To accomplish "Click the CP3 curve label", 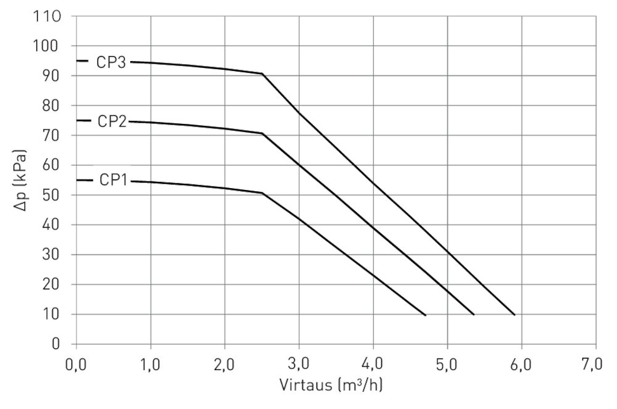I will pyautogui.click(x=111, y=62).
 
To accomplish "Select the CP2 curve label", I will pyautogui.click(x=112, y=122).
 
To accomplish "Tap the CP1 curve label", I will pyautogui.click(x=113, y=181).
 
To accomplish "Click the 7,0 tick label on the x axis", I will pyautogui.click(x=595, y=365).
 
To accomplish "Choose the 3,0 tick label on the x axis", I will pyautogui.click(x=299, y=365).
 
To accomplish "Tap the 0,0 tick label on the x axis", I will pyautogui.click(x=76, y=365).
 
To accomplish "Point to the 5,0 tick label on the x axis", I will pyautogui.click(x=447, y=365).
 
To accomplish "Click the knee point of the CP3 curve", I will pyautogui.click(x=262, y=74).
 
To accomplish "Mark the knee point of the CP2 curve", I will pyautogui.click(x=262, y=133).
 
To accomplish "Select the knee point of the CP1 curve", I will pyautogui.click(x=262, y=193).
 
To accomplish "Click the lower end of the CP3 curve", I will pyautogui.click(x=515, y=315).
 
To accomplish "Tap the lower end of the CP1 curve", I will pyautogui.click(x=425, y=315).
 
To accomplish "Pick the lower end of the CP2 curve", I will pyautogui.click(x=474, y=315).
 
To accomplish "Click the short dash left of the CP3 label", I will pyautogui.click(x=83, y=61).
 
